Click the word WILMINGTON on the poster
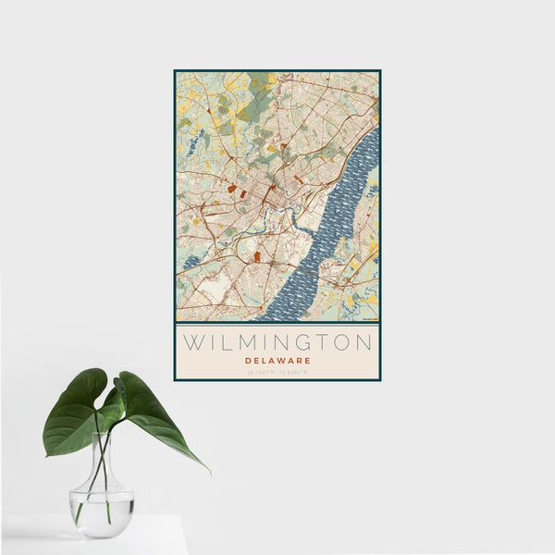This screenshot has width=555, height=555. coord(277,342)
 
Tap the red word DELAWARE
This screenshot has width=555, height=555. coord(277,360)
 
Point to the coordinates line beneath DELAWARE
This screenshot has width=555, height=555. coord(277,372)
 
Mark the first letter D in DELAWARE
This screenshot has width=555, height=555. coord(248,360)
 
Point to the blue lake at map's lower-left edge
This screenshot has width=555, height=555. coord(190,263)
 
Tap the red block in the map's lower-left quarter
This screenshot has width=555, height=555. coord(256,256)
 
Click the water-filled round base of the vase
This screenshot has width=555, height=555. coord(102,512)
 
